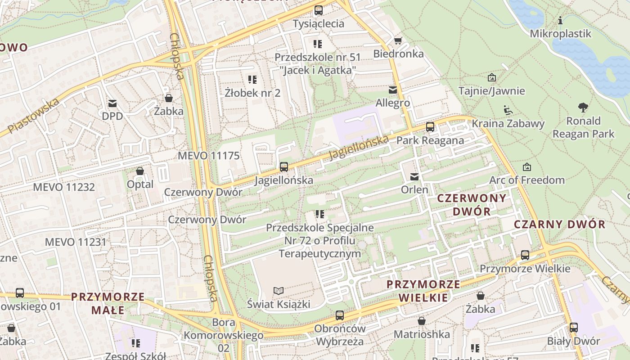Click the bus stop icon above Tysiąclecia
coord(319,10)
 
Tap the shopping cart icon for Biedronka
coord(398,41)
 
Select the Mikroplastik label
coord(560,34)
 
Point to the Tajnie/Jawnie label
coord(491,91)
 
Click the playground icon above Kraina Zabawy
coord(508,110)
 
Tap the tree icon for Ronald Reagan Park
coord(583,108)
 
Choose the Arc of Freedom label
coord(527,180)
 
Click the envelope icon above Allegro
coord(393,90)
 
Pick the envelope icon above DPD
coord(112,103)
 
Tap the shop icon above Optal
coord(140,171)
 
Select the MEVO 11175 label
coord(209,156)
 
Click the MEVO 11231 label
coord(76,242)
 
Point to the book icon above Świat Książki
coord(279,291)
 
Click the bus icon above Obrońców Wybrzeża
coord(340,315)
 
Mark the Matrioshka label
coord(422,334)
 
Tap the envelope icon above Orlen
coord(414,177)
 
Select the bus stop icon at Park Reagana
coord(430,127)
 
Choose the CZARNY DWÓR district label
coord(560,224)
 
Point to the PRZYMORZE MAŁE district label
coord(108,303)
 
